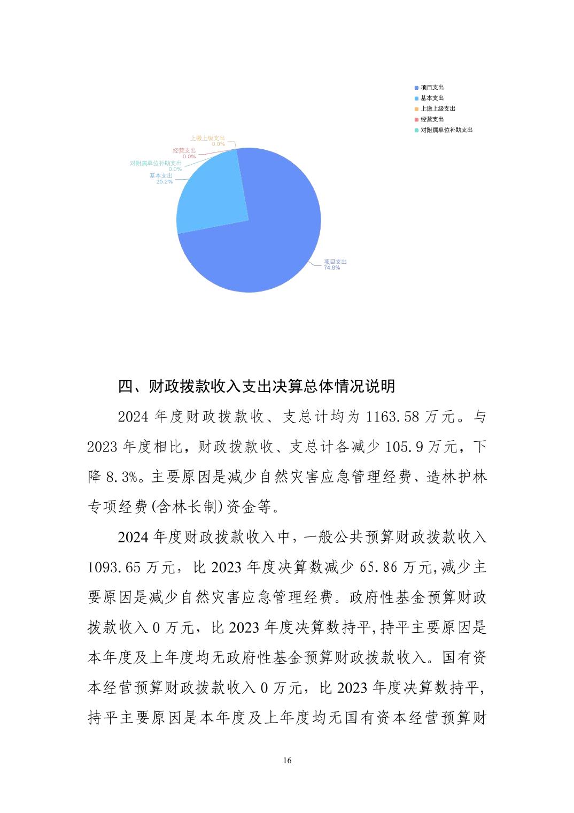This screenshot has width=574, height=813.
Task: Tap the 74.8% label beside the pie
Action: point(331,267)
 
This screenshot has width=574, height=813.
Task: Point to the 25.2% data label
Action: point(164,181)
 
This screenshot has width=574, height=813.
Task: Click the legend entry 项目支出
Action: point(432,87)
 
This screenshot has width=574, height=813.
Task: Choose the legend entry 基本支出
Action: point(432,98)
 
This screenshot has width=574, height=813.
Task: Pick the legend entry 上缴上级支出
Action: point(438,109)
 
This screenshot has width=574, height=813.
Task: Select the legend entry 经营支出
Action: point(432,119)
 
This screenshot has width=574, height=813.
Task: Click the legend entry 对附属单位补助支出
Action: point(446,130)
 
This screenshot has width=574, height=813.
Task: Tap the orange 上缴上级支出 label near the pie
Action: point(207,138)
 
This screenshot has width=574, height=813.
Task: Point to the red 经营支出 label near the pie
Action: point(184,151)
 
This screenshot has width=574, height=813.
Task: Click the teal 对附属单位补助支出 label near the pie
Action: point(156,163)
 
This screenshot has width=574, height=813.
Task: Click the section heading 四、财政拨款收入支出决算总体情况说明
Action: point(257,386)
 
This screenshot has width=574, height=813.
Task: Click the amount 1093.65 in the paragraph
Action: point(114,567)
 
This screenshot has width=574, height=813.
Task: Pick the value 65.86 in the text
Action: point(378,567)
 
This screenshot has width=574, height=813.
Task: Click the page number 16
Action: point(288,761)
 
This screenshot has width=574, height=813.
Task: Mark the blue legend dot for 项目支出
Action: point(416,88)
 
